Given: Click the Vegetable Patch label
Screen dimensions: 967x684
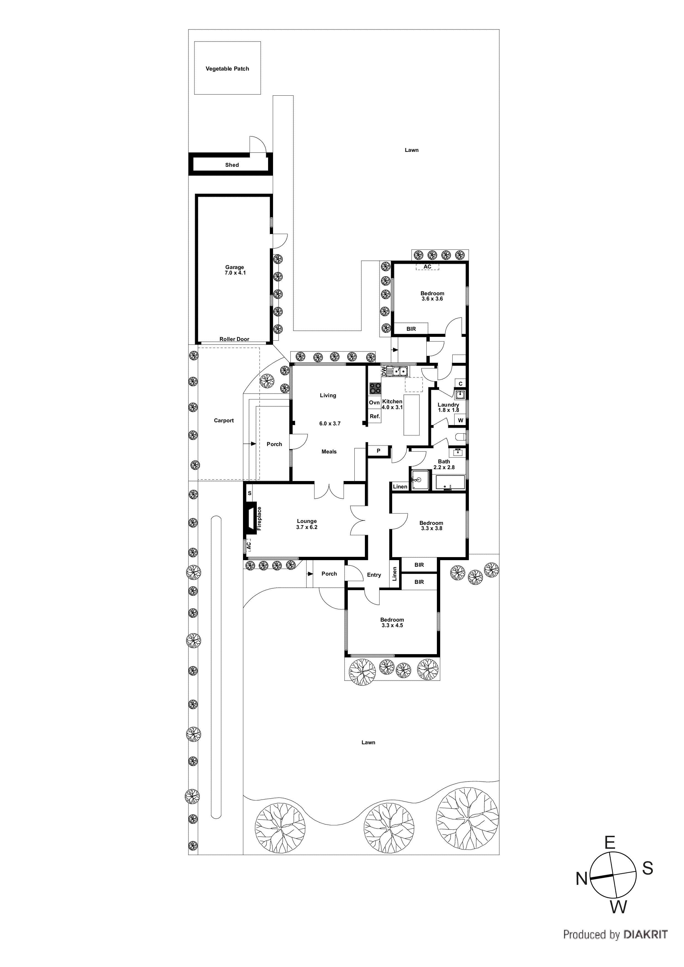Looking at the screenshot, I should pos(227,69).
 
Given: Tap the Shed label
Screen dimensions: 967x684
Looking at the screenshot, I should pos(232,165).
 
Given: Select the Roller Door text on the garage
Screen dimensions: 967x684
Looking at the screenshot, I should pos(234,339).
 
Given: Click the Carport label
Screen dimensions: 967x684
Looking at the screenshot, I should pos(224,420).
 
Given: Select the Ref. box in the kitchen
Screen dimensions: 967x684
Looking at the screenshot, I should pos(375,417).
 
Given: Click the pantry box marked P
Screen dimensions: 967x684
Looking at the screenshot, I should pos(378,451).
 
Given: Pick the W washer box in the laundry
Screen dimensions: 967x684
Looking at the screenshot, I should pos(460,420).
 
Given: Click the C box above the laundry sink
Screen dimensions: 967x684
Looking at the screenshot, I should pos(460,384).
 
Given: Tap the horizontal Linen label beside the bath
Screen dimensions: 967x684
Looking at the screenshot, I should pos(400,487).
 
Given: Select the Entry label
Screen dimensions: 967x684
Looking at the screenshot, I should pos(374,575).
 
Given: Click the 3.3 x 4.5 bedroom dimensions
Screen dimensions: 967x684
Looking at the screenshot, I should pos(392,625).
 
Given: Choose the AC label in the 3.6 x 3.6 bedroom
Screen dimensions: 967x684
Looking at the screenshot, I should pos(427,267).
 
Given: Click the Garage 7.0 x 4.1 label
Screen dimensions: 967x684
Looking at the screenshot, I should pos(235,270).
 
